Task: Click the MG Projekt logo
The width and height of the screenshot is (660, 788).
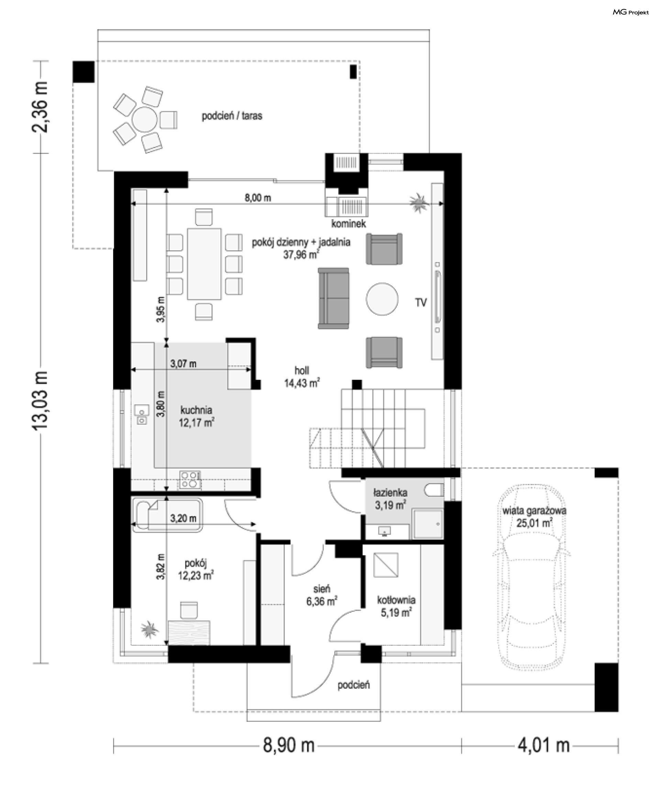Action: tap(630, 12)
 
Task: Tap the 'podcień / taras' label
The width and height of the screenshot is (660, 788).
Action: tap(232, 116)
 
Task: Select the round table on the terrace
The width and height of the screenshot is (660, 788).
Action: tap(144, 119)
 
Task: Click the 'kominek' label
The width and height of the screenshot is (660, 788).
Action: tap(349, 224)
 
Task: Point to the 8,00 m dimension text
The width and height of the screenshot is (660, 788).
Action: tap(258, 198)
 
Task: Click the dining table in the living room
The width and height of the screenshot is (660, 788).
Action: tap(204, 264)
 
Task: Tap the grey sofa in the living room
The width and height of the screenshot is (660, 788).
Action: tap(333, 298)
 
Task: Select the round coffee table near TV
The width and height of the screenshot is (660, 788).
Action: tap(382, 299)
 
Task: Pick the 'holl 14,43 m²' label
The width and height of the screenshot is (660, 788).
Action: tap(302, 377)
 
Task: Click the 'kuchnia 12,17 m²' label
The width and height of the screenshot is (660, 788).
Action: tap(196, 417)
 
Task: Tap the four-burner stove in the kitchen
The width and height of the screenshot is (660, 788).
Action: tap(190, 480)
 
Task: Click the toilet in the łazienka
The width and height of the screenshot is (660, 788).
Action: tap(434, 490)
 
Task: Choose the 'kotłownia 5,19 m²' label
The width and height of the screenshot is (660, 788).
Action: tap(396, 606)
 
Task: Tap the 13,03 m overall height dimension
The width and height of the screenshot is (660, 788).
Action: tap(41, 401)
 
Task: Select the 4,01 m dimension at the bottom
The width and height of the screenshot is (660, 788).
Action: tap(543, 745)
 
